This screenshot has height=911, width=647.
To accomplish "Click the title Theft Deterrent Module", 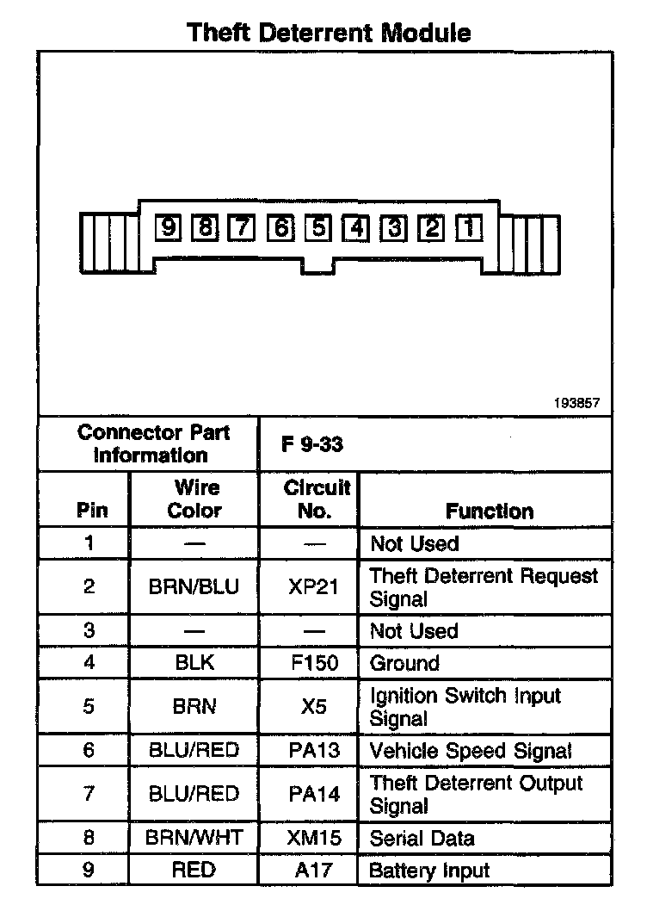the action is pos(330,33).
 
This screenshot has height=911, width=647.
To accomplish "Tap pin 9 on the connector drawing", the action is pos(168,227).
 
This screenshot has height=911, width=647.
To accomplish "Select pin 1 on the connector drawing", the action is pos(470,227).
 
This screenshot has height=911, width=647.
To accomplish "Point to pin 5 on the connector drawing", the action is pos(318,227).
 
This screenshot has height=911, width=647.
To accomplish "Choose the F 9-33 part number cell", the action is pos(312,445).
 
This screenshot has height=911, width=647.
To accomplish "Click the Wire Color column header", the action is pos(194,499).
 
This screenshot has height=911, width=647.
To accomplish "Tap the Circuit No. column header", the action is pos(317,499).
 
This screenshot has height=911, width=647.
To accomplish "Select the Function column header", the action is pos(490,511).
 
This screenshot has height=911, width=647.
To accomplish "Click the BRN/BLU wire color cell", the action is pos(194,586).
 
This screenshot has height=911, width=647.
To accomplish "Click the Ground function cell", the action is pos(404,663).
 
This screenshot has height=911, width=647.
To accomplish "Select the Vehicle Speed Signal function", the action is pos(471,750).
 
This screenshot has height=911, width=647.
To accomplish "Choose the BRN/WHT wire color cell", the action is pos(194,838).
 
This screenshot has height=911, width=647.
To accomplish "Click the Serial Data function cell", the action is pos(422,838).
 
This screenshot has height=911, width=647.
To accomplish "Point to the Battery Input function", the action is pos(429,870).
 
